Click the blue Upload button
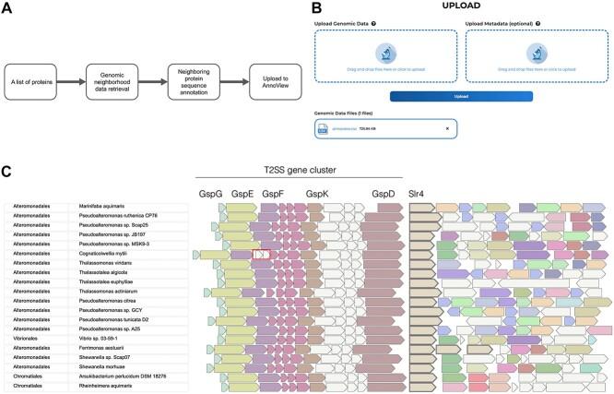click(x=460, y=96)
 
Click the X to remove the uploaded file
click(x=447, y=128)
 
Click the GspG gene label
click(x=210, y=194)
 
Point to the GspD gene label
click(x=384, y=194)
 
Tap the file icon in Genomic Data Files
click(x=323, y=128)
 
